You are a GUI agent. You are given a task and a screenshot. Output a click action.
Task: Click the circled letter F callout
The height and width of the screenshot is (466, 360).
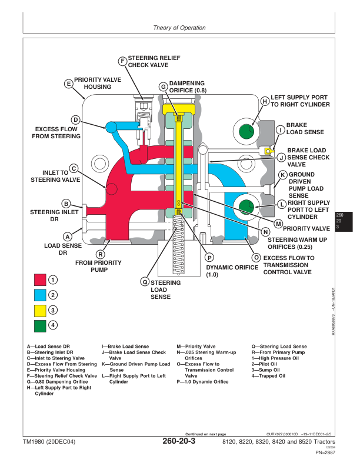point(122,61)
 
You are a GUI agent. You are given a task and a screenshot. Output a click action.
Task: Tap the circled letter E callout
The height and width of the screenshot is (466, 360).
point(69,84)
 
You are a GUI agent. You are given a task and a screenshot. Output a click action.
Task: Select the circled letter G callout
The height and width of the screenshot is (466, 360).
point(163,86)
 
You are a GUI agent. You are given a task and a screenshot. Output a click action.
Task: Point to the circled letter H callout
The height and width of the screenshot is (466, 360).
point(265,101)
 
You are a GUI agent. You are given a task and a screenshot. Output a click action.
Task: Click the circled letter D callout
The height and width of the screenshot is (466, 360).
point(75,119)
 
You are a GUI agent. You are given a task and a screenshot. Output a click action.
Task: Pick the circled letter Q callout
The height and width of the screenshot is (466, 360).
point(144,282)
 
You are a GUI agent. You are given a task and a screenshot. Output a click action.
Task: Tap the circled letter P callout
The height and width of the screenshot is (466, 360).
point(209,257)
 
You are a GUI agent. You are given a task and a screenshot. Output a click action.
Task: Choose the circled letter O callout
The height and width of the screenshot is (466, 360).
point(256,258)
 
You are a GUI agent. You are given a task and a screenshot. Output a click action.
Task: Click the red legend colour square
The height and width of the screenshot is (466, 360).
point(40,279)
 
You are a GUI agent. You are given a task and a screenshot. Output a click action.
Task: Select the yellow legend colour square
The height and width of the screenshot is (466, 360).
point(40,310)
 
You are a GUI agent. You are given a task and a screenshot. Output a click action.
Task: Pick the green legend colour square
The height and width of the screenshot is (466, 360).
point(40,325)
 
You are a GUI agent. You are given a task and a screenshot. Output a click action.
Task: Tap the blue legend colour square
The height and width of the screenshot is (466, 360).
point(40,295)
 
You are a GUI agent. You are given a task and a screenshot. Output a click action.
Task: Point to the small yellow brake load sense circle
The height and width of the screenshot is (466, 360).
point(268,151)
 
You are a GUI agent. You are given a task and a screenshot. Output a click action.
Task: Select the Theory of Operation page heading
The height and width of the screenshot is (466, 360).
point(179,28)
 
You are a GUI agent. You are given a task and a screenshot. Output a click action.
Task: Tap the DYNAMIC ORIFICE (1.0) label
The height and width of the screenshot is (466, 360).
point(232,271)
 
